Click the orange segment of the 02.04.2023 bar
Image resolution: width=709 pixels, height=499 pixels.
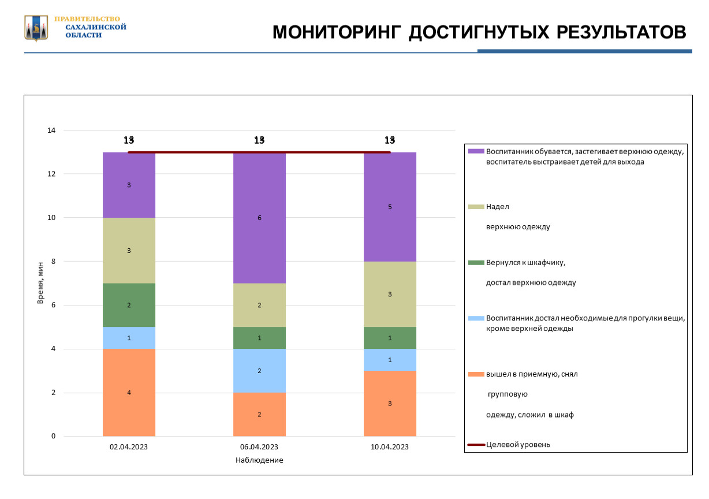coord(129,393)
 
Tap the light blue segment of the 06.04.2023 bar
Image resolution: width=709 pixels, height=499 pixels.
coord(259,371)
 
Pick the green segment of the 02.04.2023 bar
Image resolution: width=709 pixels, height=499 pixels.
coord(129,305)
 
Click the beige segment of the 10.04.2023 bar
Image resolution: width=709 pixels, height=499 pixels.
coord(390,294)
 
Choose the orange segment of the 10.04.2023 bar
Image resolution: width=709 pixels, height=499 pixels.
coord(390,403)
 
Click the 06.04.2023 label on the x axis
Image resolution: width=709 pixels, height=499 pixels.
coord(259,447)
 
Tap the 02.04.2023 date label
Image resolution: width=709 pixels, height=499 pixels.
coord(129,447)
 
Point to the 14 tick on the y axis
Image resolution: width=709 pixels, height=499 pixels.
coord(51,131)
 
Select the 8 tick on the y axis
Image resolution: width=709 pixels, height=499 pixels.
coord(53,262)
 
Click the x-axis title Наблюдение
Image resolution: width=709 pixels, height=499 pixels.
coord(259,460)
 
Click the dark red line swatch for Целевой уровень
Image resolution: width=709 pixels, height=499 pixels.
coord(476,445)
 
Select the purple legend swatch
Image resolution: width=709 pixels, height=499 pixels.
coord(476,151)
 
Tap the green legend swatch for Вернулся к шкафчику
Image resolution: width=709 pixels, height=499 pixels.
coord(476,263)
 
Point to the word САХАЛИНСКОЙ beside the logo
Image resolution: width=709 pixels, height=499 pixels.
coord(96,27)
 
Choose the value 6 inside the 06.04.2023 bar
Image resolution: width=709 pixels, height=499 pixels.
coord(259,218)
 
